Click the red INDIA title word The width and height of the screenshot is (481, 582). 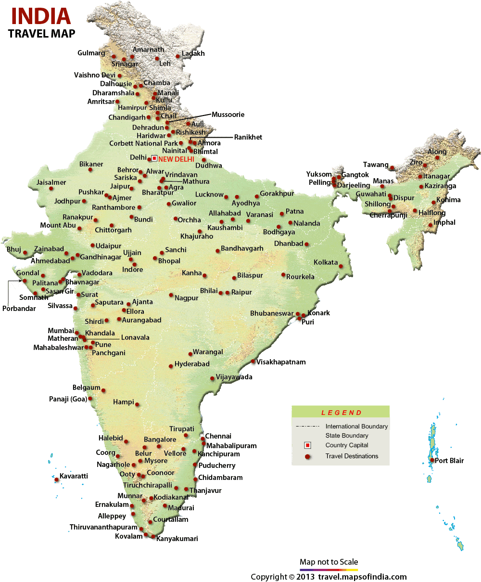click(x=41, y=16)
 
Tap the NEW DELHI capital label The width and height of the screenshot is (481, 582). click(x=176, y=158)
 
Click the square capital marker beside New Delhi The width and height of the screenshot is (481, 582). click(x=154, y=158)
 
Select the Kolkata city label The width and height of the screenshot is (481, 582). click(x=326, y=262)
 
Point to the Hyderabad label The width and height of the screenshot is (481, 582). click(x=192, y=364)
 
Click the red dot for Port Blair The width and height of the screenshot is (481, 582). click(x=432, y=461)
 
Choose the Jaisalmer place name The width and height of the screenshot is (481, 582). click(x=51, y=182)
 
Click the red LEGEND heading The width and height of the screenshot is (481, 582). click(x=341, y=413)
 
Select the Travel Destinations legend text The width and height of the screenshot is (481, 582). click(x=352, y=456)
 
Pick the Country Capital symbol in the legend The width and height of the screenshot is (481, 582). click(x=307, y=445)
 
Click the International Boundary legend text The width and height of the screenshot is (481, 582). click(x=356, y=427)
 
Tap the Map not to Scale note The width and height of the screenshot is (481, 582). click(x=329, y=562)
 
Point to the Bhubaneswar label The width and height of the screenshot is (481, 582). click(x=271, y=313)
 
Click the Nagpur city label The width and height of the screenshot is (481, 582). click(x=187, y=298)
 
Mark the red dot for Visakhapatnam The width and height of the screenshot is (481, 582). click(x=253, y=362)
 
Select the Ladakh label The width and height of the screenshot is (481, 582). click(x=193, y=53)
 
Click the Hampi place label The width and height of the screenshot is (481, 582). click(x=124, y=402)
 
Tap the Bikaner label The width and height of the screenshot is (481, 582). click(x=91, y=164)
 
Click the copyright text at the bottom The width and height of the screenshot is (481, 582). click(x=329, y=577)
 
